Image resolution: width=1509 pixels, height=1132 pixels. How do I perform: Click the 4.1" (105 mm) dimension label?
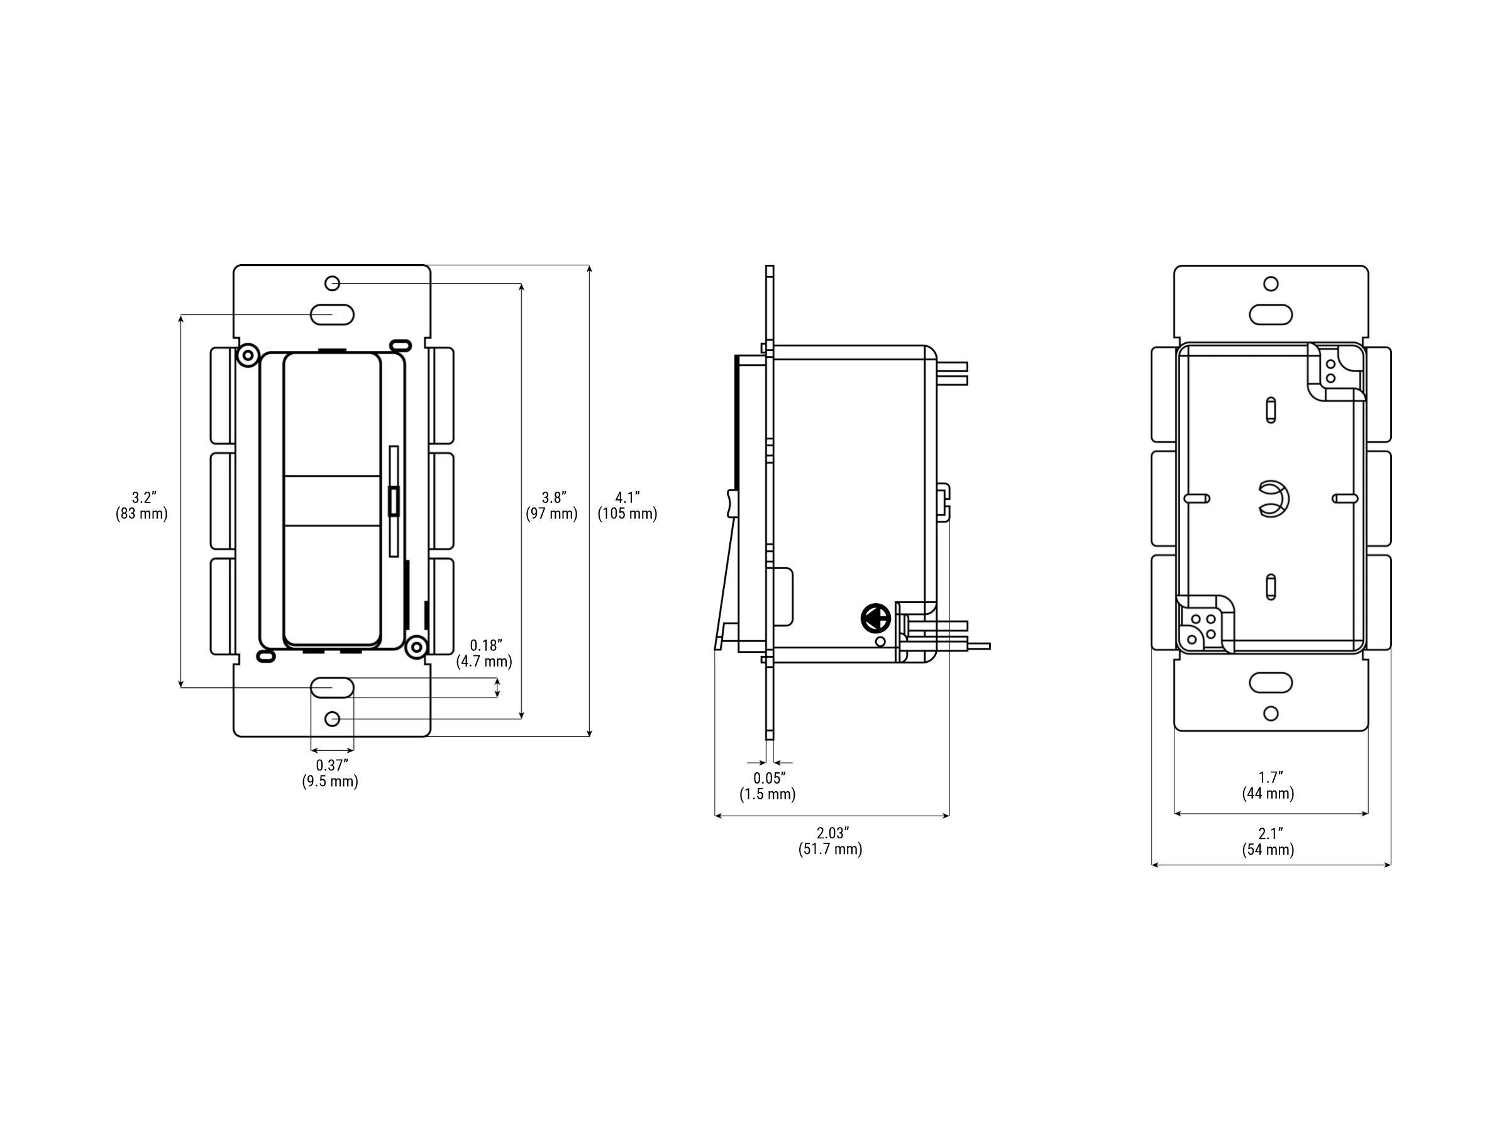click(x=627, y=506)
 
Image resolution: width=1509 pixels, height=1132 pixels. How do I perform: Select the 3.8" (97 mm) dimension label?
click(x=551, y=506)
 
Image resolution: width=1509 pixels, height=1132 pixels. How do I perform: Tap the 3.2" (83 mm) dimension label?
click(x=141, y=506)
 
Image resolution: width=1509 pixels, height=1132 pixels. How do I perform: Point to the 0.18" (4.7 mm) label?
click(x=484, y=653)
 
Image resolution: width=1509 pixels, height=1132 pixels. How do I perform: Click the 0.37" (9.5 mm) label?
click(x=330, y=774)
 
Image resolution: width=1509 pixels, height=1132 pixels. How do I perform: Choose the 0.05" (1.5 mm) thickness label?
click(x=768, y=786)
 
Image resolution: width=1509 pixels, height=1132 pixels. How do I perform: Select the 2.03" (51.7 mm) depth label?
click(x=830, y=841)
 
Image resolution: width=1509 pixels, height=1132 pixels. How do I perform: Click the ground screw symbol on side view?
click(x=876, y=619)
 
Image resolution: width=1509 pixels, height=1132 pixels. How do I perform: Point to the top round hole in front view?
click(x=332, y=283)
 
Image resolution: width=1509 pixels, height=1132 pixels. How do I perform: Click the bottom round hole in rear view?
click(x=1271, y=714)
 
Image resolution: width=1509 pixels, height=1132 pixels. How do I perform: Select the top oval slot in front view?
click(x=332, y=314)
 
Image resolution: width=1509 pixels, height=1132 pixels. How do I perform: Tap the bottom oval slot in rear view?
click(x=1271, y=682)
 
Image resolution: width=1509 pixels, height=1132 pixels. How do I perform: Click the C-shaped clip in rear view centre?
click(x=1273, y=499)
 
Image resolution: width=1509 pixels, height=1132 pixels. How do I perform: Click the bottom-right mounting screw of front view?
click(x=416, y=646)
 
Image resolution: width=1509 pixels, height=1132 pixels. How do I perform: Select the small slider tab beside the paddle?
click(x=394, y=501)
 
